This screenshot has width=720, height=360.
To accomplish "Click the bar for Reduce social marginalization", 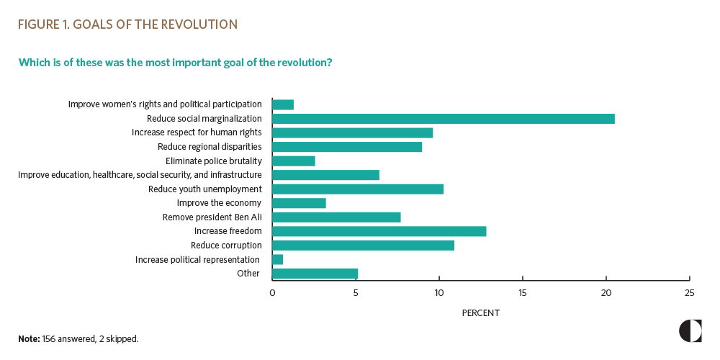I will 443,119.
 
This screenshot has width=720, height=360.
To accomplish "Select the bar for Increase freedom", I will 379,231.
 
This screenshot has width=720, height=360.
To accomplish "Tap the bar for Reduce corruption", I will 363,246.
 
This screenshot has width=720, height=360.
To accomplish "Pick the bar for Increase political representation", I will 278,259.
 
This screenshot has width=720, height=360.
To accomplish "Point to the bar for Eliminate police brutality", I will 294,161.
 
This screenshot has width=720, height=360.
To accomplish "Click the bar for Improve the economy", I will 299,203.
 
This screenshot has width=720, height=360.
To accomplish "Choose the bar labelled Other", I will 315,274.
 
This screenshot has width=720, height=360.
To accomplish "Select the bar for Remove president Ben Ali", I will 336,217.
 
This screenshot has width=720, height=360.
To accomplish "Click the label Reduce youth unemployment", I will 204,189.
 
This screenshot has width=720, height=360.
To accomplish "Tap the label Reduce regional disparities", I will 210,147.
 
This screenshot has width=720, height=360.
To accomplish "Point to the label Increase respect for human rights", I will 197,132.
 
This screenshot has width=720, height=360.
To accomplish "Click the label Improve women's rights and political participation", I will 165,104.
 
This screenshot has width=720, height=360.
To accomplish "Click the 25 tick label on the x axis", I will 690,293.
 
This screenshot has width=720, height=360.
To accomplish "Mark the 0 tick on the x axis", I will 272,293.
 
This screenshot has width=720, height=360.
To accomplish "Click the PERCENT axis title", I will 480,313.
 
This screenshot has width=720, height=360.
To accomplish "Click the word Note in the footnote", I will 29,338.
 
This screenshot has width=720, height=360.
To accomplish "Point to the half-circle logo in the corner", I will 690,330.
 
